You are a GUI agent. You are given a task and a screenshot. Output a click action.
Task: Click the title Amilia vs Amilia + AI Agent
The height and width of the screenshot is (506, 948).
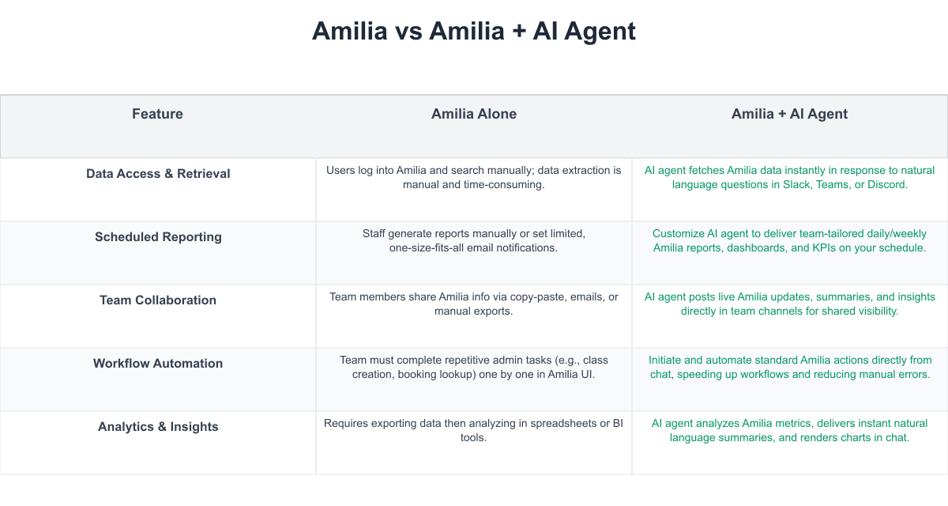(x=473, y=31)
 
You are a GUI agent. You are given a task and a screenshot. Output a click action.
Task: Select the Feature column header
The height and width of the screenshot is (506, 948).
(x=157, y=114)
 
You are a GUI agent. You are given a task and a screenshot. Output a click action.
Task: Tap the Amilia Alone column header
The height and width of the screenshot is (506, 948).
(x=473, y=114)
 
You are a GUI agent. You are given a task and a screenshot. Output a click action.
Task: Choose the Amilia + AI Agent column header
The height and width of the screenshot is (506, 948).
(x=789, y=114)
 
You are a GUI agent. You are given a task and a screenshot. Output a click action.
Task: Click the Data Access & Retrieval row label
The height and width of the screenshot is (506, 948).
(x=158, y=174)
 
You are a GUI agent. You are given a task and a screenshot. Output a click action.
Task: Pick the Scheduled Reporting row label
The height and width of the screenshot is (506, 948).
(x=158, y=236)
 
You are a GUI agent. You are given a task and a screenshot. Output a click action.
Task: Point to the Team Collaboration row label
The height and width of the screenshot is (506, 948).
(x=158, y=300)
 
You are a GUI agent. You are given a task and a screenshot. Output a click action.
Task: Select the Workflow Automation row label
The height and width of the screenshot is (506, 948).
(x=158, y=364)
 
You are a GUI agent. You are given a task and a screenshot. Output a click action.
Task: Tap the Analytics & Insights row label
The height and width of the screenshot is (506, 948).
(x=158, y=426)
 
